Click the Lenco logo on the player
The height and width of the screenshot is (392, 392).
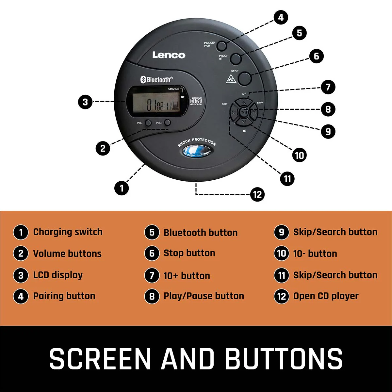tap(169, 55)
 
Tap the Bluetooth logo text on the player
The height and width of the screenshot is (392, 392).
tap(156, 79)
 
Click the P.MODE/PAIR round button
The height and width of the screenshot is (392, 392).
tap(222, 46)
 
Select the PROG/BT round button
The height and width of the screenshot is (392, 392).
tap(236, 59)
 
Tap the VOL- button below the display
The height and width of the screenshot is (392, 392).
tap(148, 123)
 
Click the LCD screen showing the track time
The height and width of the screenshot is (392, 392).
tap(159, 102)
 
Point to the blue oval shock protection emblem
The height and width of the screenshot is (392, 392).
tap(196, 151)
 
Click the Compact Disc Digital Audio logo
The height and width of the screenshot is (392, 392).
tap(196, 101)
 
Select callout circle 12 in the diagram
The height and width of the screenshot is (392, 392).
tap(257, 195)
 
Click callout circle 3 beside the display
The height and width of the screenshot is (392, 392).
tap(85, 102)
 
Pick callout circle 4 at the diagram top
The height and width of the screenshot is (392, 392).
tap(281, 17)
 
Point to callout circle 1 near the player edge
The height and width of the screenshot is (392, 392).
tap(122, 188)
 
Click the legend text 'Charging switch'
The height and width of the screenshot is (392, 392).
tap(68, 232)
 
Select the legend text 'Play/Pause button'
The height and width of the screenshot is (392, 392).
tap(204, 296)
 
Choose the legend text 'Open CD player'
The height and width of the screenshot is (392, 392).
tap(326, 296)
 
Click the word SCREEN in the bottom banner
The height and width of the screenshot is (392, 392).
tap(100, 359)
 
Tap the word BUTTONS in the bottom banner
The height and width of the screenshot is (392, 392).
tap(284, 359)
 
